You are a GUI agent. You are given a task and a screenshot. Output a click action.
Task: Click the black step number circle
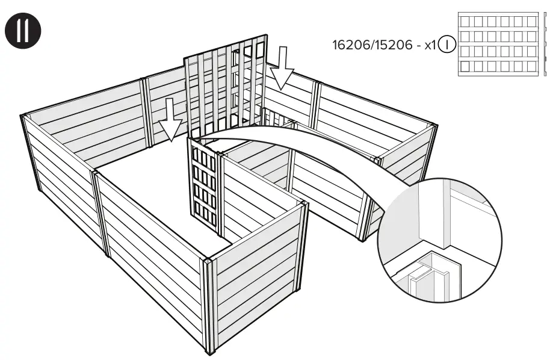click(23, 31)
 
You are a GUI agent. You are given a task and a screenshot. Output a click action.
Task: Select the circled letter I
click(447, 45)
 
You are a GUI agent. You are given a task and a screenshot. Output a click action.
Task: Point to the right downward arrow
click(282, 67)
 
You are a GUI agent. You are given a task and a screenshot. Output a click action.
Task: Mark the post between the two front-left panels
click(99, 211)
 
